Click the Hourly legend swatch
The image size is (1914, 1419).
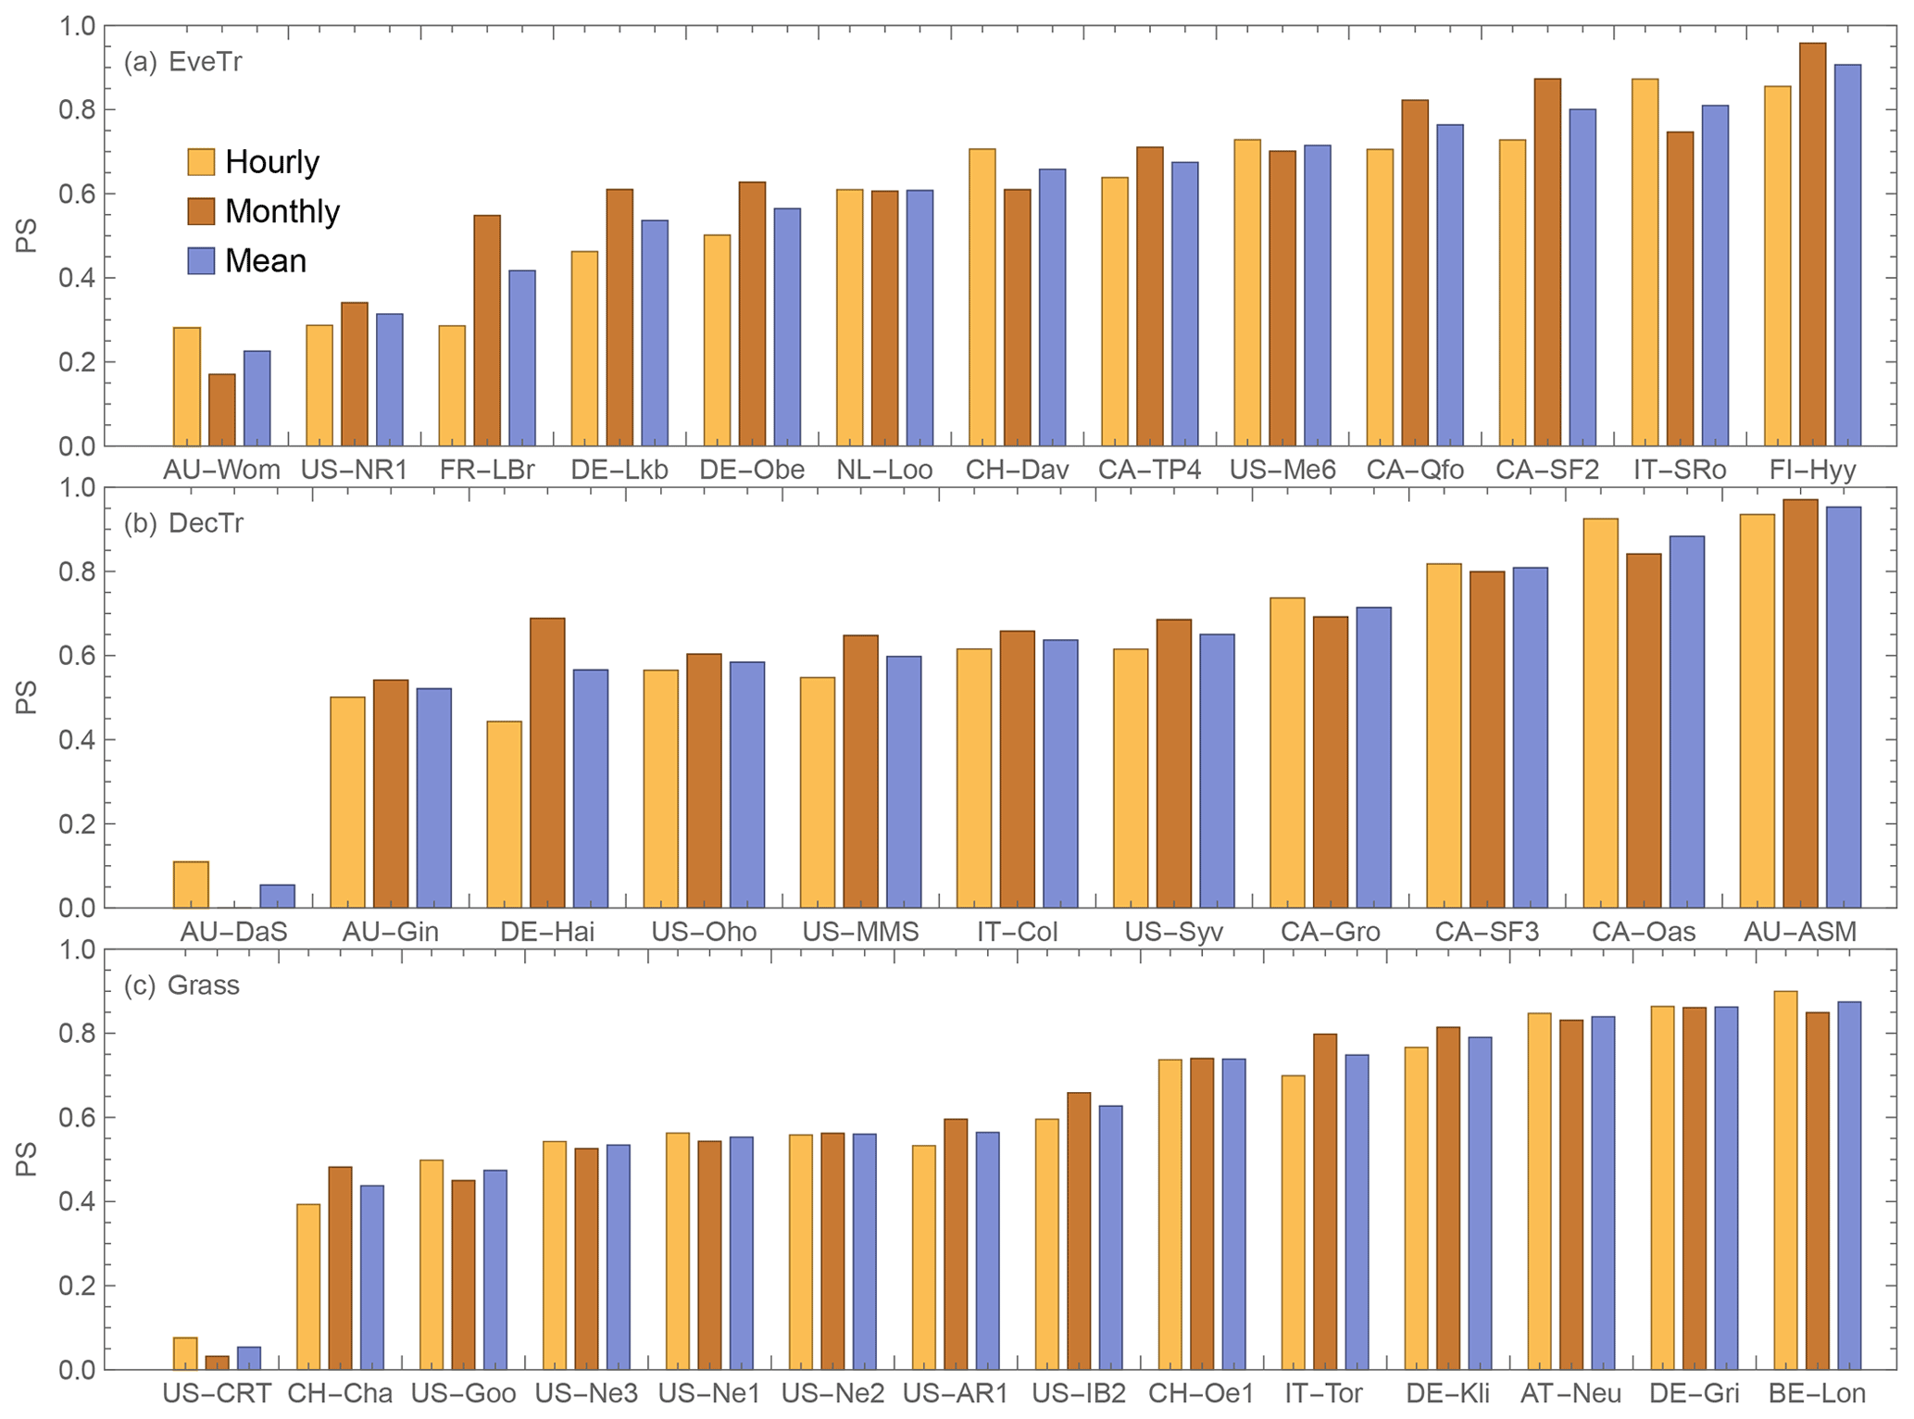(x=201, y=162)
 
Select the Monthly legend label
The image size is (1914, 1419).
(x=282, y=212)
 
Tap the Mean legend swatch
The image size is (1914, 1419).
(x=201, y=261)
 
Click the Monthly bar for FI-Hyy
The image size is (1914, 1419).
(x=1812, y=245)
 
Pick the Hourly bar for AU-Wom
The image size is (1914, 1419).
(x=187, y=386)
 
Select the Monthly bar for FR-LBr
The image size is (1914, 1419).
(x=487, y=331)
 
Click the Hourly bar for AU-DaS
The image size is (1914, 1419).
(x=191, y=884)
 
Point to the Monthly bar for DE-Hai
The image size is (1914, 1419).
(x=547, y=762)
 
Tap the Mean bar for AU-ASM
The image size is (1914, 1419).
(x=1844, y=707)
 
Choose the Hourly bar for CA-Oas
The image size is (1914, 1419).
(x=1601, y=712)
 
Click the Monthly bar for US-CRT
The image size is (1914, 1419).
(x=217, y=1362)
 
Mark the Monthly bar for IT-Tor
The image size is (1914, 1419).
(x=1325, y=1201)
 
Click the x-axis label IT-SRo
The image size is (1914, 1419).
(x=1680, y=471)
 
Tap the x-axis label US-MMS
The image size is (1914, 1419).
(x=860, y=932)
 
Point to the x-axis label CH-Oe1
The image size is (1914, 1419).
(x=1201, y=1394)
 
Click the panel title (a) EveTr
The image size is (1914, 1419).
(x=183, y=62)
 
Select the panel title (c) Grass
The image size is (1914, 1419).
(x=181, y=985)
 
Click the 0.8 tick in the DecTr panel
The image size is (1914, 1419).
(x=77, y=571)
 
